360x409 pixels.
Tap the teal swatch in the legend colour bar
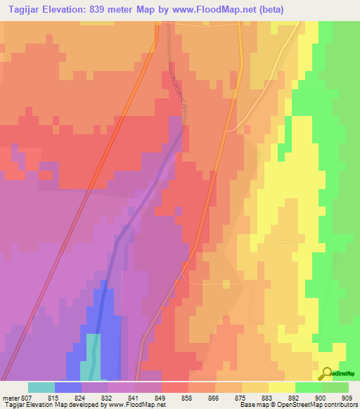click(x=41, y=387)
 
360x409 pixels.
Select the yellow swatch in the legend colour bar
click(x=281, y=387)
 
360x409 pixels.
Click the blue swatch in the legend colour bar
click(x=68, y=387)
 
